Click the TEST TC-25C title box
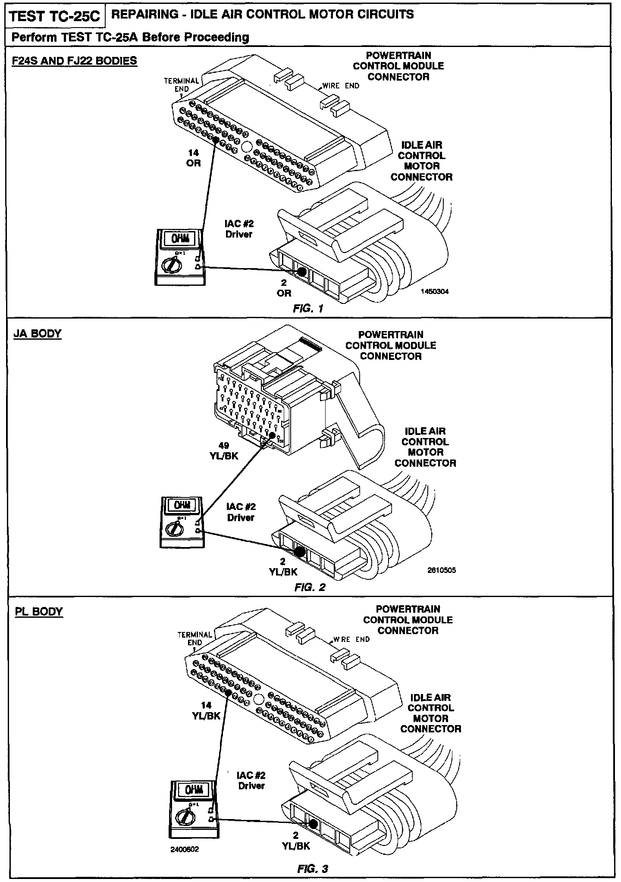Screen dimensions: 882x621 point(55,17)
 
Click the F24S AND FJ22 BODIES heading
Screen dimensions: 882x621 point(74,60)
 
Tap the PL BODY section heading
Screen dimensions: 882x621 point(38,612)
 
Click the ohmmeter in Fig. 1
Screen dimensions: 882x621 point(179,257)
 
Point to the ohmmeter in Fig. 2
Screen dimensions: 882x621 point(182,522)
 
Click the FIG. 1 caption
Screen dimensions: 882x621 point(308,308)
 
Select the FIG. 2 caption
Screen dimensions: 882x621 point(309,587)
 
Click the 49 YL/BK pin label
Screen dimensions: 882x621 point(224,450)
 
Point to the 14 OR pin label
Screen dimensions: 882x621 point(194,158)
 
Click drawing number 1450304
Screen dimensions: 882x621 point(435,291)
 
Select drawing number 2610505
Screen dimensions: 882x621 point(441,570)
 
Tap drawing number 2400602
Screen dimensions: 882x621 point(185,849)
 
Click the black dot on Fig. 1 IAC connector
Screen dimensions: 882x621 point(301,272)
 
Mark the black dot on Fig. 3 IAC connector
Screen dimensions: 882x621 point(314,824)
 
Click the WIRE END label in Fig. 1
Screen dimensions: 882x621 point(340,86)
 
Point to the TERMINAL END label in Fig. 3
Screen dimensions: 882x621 point(195,638)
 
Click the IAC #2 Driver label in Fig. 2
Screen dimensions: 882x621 point(241,512)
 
